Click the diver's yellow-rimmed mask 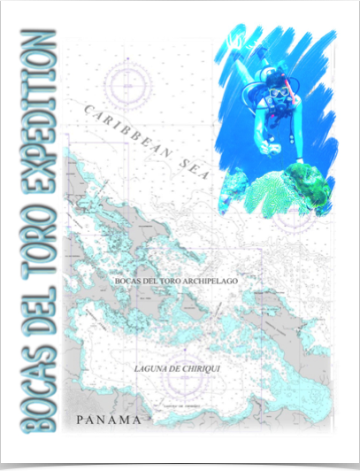coord(278,91)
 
